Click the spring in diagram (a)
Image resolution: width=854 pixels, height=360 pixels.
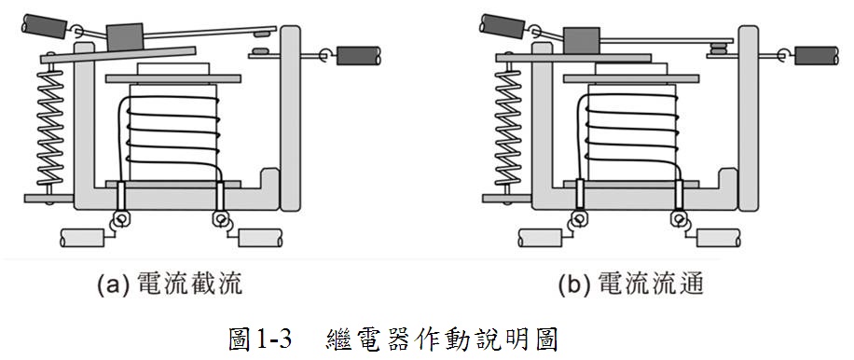(49, 126)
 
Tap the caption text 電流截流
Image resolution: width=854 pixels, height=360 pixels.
(189, 284)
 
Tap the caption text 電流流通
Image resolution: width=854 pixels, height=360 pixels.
(651, 284)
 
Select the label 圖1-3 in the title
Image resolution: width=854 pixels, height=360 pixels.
(261, 339)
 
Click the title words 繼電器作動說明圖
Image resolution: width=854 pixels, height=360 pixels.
(442, 339)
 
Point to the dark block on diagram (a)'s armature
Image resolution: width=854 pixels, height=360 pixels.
(125, 36)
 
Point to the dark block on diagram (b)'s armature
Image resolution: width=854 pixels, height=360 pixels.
(582, 40)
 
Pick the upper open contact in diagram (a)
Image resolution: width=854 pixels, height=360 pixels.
(262, 34)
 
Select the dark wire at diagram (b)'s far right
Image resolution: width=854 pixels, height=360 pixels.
(817, 56)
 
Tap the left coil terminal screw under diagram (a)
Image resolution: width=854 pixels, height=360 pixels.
(121, 219)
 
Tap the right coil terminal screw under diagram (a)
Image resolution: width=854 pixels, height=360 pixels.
(221, 219)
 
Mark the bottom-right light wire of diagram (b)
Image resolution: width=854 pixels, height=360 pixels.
(719, 238)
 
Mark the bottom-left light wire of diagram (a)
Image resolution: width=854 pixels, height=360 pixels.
(82, 238)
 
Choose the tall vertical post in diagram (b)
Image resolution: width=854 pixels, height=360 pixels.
(749, 118)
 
